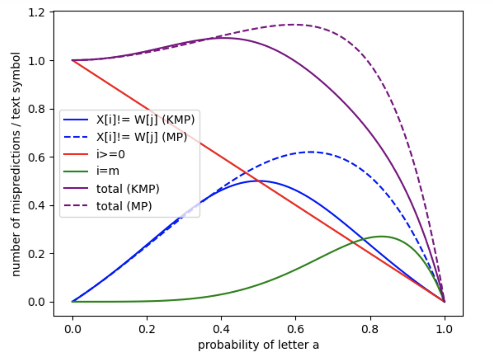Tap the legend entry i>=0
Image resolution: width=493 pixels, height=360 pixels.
pyautogui.click(x=110, y=154)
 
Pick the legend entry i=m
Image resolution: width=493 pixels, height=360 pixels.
pyautogui.click(x=108, y=171)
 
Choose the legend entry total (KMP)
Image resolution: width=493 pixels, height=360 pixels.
pyautogui.click(x=128, y=189)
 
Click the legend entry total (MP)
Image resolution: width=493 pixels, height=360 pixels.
pyautogui.click(x=124, y=206)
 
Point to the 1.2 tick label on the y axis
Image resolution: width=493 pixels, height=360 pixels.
pyautogui.click(x=36, y=13)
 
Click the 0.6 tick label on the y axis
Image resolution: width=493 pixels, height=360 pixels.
pyautogui.click(x=36, y=157)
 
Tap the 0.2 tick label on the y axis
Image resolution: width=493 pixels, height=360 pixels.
pyautogui.click(x=36, y=254)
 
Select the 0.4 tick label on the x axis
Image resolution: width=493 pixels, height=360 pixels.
pyautogui.click(x=221, y=329)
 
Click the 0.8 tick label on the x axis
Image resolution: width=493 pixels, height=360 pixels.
pyautogui.click(x=370, y=329)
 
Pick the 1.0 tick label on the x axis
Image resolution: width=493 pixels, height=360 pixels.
pyautogui.click(x=444, y=329)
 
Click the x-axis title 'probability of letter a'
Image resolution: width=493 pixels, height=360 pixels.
pyautogui.click(x=258, y=345)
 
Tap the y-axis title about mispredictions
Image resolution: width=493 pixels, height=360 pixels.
pyautogui.click(x=16, y=164)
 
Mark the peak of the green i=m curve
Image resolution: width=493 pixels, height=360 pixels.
pyautogui.click(x=381, y=236)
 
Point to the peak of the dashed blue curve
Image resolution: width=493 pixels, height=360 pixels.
pyautogui.click(x=311, y=152)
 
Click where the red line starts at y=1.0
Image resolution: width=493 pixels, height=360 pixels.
pyautogui.click(x=73, y=60)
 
